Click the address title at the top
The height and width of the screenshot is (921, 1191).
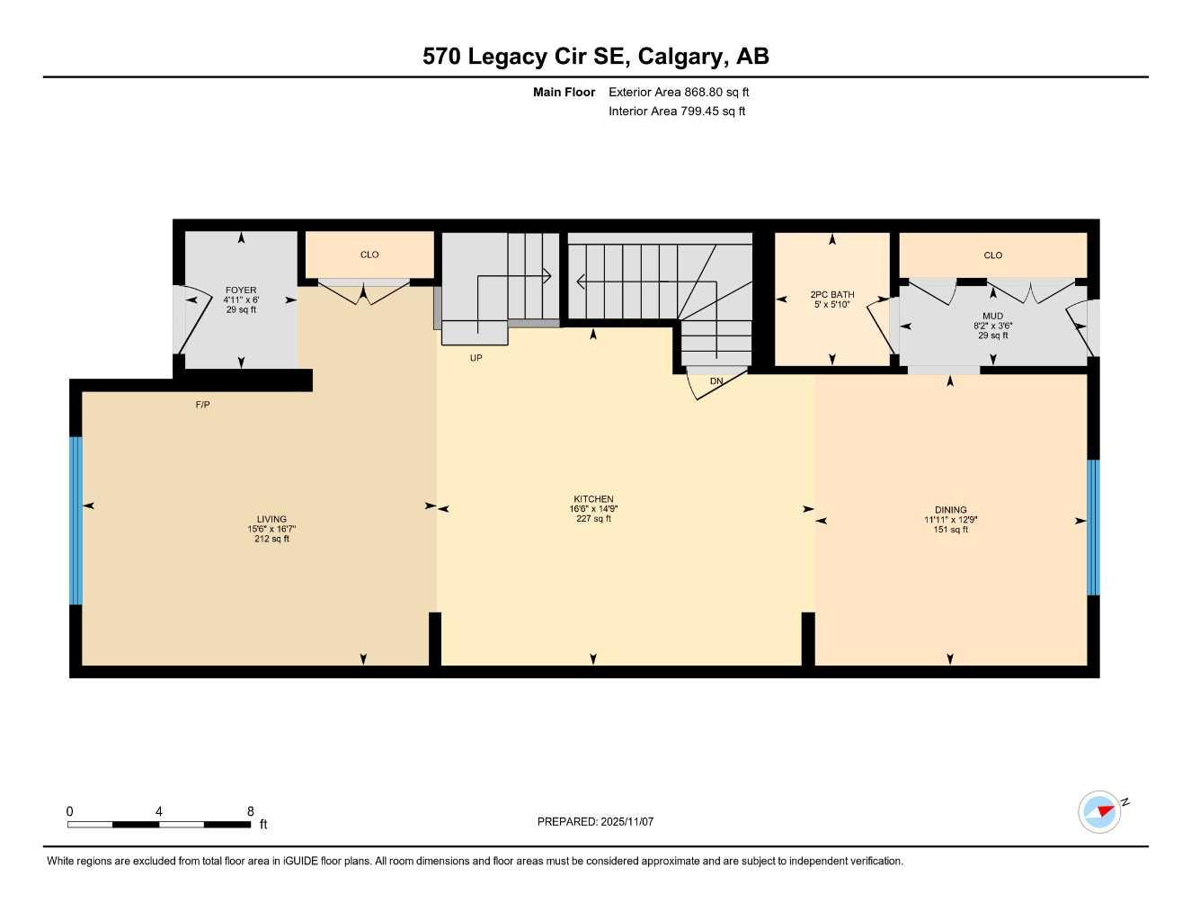(595, 57)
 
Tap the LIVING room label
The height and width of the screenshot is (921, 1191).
(271, 519)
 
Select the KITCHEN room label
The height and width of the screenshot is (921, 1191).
(593, 499)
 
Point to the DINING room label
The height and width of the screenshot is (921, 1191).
(950, 510)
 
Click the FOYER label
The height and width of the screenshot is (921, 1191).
(241, 291)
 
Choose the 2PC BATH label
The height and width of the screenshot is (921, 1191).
(831, 295)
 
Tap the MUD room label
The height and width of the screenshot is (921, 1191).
(992, 316)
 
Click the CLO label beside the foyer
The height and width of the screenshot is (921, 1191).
(369, 255)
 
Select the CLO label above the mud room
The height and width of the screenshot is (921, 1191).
(992, 255)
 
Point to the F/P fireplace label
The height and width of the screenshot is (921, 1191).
(203, 405)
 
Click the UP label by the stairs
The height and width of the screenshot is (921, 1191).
(476, 358)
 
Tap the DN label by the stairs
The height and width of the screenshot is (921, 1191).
(716, 381)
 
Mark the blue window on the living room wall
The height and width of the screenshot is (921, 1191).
(76, 520)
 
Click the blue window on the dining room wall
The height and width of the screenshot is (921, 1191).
(1093, 527)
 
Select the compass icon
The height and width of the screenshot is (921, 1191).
(1100, 812)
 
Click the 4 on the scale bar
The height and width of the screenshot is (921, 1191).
(159, 811)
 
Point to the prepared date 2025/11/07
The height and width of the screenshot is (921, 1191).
(595, 821)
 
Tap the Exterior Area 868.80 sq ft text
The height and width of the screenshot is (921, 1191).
(679, 92)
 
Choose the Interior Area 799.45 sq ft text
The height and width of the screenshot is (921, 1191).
(677, 112)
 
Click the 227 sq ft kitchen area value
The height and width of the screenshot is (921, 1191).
(593, 518)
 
